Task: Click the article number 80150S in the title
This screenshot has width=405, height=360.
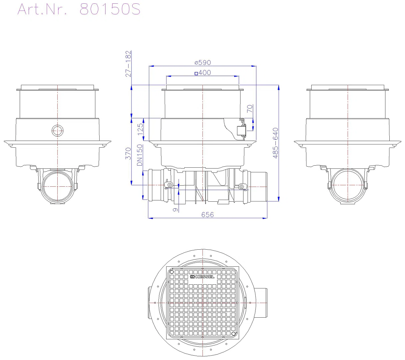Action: tap(110, 9)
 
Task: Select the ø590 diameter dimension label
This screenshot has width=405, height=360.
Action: tap(202, 62)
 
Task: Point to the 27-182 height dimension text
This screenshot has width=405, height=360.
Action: tap(128, 64)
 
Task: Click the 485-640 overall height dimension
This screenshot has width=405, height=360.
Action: tap(275, 143)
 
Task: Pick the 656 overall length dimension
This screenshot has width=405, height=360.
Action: tap(207, 215)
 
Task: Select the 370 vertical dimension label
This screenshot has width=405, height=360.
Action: tap(128, 153)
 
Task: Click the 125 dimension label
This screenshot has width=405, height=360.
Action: tap(140, 129)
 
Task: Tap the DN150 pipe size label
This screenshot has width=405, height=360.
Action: tap(140, 155)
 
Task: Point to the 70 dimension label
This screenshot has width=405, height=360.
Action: tap(250, 109)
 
